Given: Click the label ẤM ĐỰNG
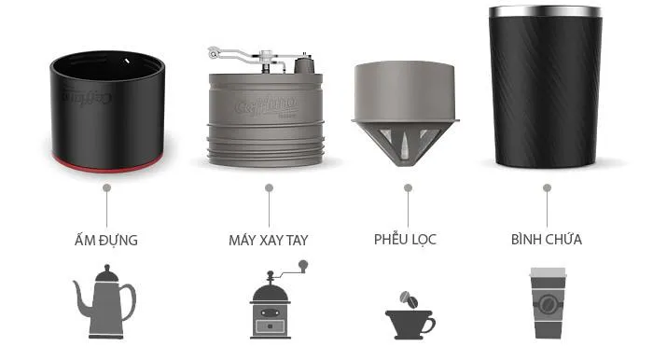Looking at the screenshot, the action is click(x=106, y=240).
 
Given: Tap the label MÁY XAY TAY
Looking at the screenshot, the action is click(x=269, y=240).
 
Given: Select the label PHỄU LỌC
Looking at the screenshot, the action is click(x=405, y=239).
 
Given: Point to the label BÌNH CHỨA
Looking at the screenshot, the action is click(x=547, y=239).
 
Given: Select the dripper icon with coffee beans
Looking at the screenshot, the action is click(x=410, y=316).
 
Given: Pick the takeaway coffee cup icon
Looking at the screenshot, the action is click(x=548, y=303).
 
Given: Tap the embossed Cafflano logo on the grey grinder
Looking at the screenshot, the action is click(x=266, y=105).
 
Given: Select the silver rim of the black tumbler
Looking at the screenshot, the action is click(x=545, y=11).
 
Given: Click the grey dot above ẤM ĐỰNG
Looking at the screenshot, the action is click(x=106, y=188).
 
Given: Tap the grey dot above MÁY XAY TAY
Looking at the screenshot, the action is click(x=269, y=188).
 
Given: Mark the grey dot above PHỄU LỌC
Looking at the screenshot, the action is click(x=409, y=188).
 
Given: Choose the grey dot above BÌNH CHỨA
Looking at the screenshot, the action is click(x=548, y=188).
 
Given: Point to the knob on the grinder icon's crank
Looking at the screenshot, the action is click(x=303, y=265).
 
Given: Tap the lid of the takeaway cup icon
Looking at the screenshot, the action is click(x=548, y=272).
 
